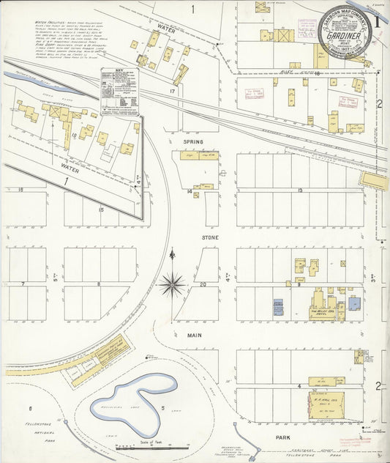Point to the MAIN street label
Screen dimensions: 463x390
tap(194, 335)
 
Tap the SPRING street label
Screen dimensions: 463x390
tap(193, 141)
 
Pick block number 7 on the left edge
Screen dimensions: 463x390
tap(23, 283)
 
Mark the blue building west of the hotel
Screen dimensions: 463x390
tap(278, 306)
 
